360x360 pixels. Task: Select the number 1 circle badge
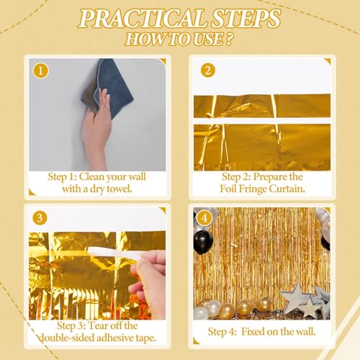pyautogui.click(x=40, y=71)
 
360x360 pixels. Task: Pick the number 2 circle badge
pyautogui.click(x=207, y=71)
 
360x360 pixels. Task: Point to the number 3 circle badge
pyautogui.click(x=40, y=217)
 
